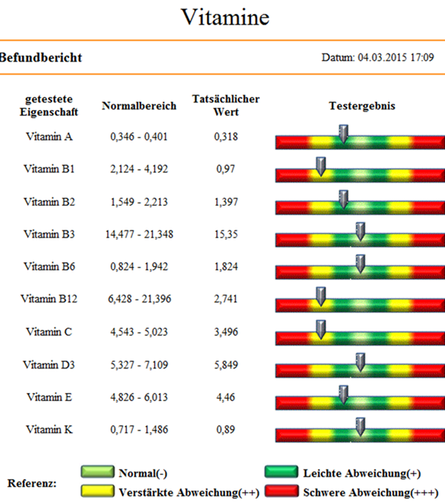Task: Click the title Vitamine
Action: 225,17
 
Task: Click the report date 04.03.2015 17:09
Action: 395,57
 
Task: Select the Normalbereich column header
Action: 139,106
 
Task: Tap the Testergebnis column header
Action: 362,106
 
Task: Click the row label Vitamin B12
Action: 49,299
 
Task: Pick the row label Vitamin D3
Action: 49,365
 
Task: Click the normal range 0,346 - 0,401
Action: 139,137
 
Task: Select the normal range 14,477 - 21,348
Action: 139,234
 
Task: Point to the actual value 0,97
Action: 226,169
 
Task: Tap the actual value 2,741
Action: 226,299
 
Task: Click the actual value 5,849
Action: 226,365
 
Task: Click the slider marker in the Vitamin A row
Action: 344,134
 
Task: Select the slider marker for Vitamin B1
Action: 321,166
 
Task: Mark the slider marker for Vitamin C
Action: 321,329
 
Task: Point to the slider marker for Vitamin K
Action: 360,426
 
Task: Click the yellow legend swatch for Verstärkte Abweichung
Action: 97,491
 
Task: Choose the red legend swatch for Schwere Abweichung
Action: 282,491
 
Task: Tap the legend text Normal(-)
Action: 143,473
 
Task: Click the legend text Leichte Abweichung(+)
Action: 362,473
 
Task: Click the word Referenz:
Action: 32,483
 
